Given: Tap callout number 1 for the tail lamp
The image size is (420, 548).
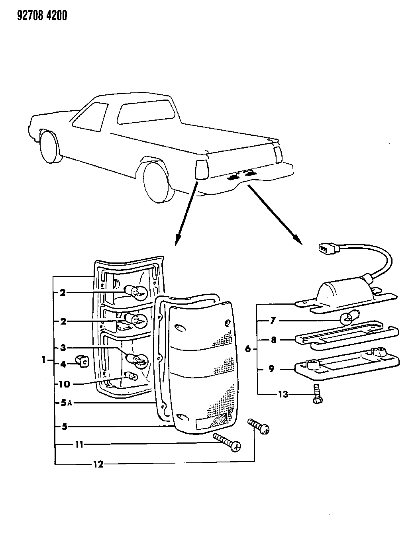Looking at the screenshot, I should (x=43, y=360).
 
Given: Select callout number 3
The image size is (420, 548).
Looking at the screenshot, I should (x=63, y=348).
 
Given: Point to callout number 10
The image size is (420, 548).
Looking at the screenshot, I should (x=64, y=384).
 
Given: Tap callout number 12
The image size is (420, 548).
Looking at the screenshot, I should (x=98, y=464).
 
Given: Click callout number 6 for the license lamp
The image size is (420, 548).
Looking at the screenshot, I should (x=248, y=349).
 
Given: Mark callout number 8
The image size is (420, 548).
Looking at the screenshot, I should (x=273, y=340).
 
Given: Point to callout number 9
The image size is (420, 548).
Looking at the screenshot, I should (x=271, y=369).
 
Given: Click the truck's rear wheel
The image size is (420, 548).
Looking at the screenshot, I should (x=158, y=182).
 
